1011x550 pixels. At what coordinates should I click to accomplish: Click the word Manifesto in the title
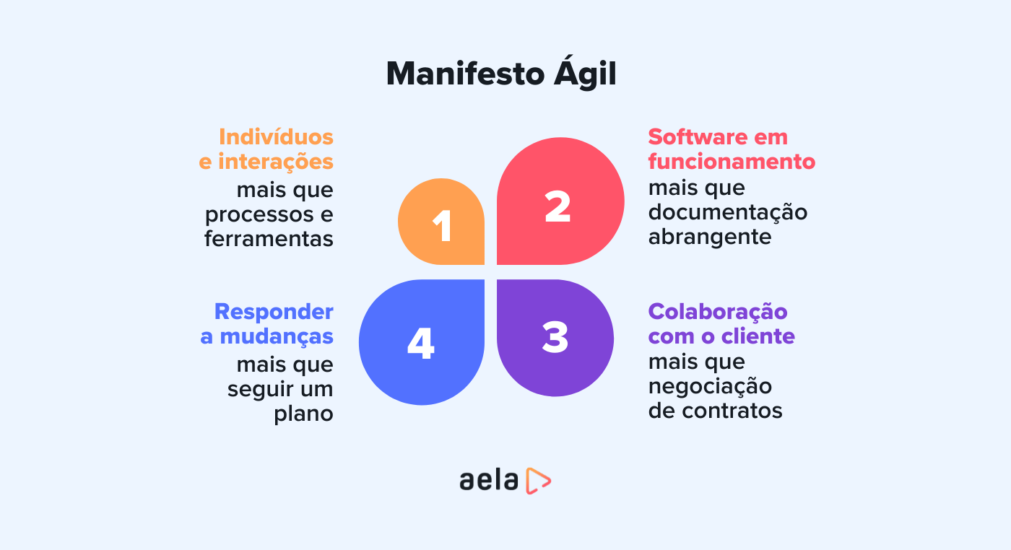coord(465,74)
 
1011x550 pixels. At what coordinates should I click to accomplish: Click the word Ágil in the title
coord(585,73)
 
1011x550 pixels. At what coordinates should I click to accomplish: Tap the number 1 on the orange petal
coord(442,226)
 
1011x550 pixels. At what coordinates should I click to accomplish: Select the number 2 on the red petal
coord(557,206)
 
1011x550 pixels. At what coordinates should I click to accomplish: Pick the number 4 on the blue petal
coord(420,344)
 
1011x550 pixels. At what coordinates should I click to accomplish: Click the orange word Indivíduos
coord(276,137)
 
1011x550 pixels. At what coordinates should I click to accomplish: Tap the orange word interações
coord(276,162)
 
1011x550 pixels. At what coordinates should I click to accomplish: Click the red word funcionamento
coord(732,162)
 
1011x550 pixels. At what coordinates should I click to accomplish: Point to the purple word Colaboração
coord(718,312)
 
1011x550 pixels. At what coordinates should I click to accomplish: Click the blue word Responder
coord(274,312)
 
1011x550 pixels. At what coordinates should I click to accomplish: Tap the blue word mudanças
coord(276,336)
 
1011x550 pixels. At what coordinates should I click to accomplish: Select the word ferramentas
coord(269,239)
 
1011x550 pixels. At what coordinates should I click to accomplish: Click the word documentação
coord(728,212)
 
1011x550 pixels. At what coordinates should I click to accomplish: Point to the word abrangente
coord(710,237)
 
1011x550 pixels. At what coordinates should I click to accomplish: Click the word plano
coord(303,414)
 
